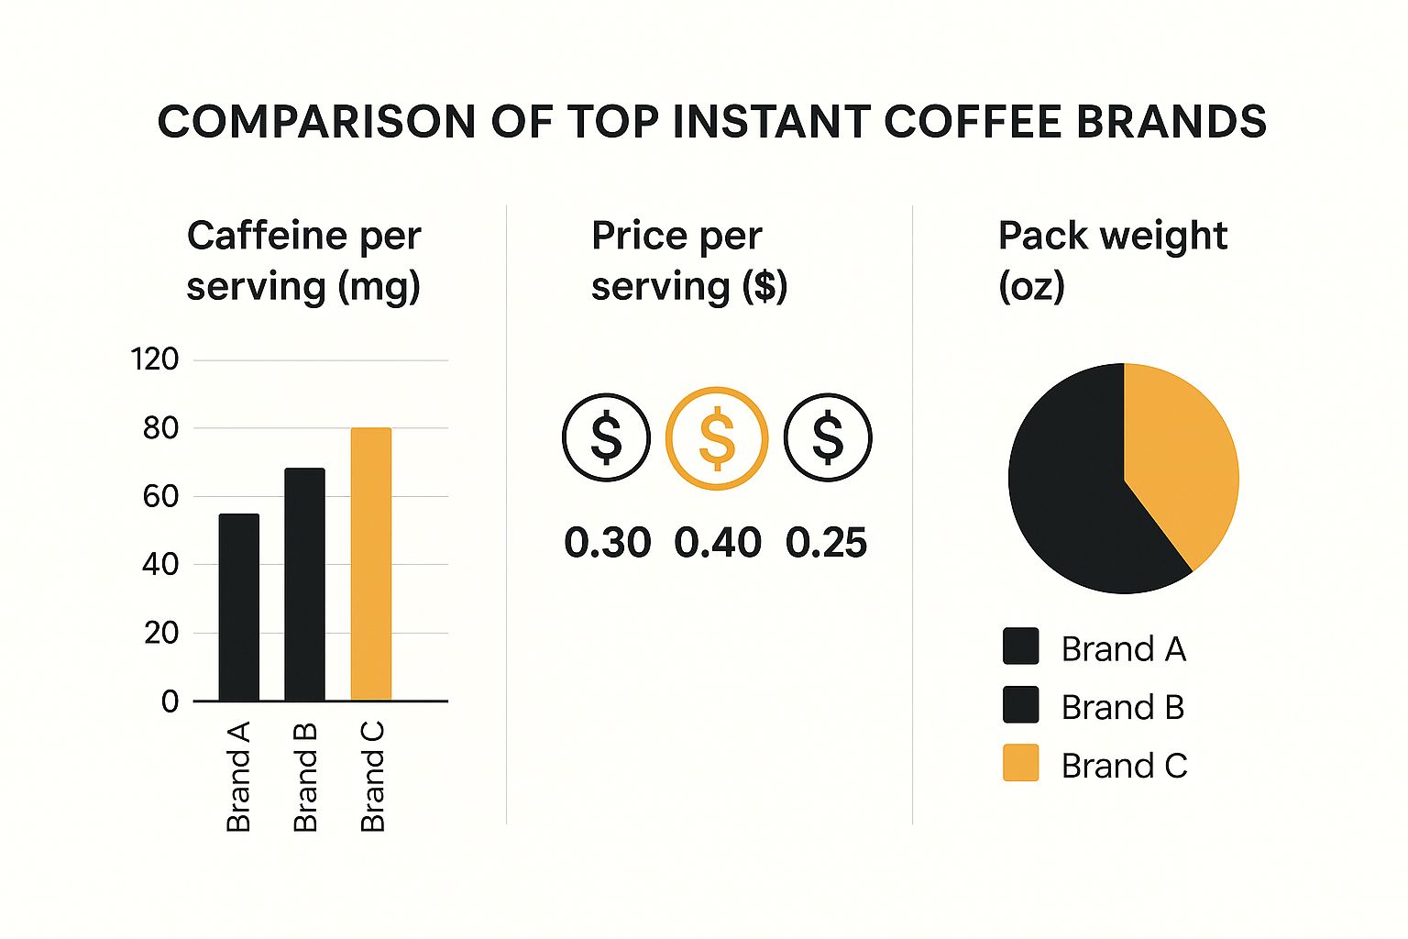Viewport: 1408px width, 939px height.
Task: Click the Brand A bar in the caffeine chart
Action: pyautogui.click(x=238, y=607)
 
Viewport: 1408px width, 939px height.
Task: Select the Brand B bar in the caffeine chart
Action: pyautogui.click(x=304, y=584)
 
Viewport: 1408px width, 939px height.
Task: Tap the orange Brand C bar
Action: pyautogui.click(x=371, y=564)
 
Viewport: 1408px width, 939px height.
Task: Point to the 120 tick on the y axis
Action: pyautogui.click(x=155, y=359)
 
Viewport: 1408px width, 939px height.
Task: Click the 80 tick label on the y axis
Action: pyautogui.click(x=160, y=428)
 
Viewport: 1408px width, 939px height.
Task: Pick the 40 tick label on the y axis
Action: pyautogui.click(x=160, y=564)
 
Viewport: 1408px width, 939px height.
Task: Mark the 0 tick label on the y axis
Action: pyautogui.click(x=170, y=701)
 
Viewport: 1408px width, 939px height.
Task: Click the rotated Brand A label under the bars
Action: pyautogui.click(x=238, y=777)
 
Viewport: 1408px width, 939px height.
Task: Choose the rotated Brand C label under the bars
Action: pyautogui.click(x=372, y=777)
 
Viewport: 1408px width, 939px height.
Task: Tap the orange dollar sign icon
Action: pyautogui.click(x=717, y=437)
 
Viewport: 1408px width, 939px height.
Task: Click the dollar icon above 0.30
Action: pyautogui.click(x=606, y=437)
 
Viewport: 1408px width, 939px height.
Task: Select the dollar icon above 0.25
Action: pyautogui.click(x=828, y=437)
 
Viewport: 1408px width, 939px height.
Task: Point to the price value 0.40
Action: pyautogui.click(x=718, y=543)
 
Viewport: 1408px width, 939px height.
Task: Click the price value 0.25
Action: pyautogui.click(x=826, y=543)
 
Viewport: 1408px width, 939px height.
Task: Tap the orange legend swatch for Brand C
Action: pyautogui.click(x=1020, y=763)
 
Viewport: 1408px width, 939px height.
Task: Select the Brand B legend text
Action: pyautogui.click(x=1123, y=707)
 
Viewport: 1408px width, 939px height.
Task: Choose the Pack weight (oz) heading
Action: pyautogui.click(x=1112, y=260)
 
